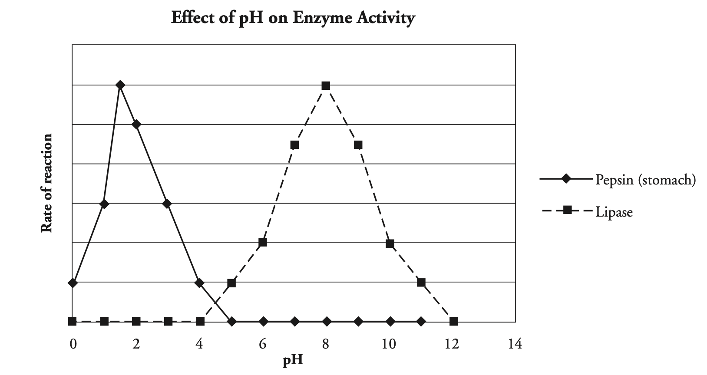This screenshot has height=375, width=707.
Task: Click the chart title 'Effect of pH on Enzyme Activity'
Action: [x=293, y=18]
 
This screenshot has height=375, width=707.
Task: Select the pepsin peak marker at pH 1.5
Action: [x=120, y=85]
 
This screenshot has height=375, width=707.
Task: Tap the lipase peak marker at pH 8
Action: [x=326, y=86]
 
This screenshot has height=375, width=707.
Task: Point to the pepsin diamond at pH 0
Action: [x=73, y=283]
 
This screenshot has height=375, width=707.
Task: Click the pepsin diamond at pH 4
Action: [x=199, y=283]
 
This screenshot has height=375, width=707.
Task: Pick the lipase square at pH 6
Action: [x=262, y=242]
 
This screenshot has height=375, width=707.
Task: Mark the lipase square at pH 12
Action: [x=453, y=322]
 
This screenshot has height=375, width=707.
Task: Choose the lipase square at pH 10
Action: [x=390, y=243]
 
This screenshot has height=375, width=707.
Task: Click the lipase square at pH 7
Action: [x=294, y=145]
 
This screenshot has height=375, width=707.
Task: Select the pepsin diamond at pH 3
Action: [x=167, y=203]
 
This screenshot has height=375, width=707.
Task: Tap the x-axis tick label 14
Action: [x=515, y=345]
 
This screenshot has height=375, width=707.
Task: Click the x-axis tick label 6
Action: [x=262, y=345]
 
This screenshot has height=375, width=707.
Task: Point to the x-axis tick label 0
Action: [x=73, y=345]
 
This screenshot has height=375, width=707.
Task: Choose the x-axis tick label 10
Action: [x=389, y=345]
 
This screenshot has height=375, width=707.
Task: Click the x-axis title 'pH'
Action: [x=293, y=361]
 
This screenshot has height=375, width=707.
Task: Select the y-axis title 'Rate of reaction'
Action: [x=46, y=183]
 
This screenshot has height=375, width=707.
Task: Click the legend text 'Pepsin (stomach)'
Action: [x=645, y=179]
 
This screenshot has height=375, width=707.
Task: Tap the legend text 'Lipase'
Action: [x=614, y=212]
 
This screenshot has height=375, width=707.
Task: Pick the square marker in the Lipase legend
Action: [x=567, y=211]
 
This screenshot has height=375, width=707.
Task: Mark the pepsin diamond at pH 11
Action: [x=421, y=322]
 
